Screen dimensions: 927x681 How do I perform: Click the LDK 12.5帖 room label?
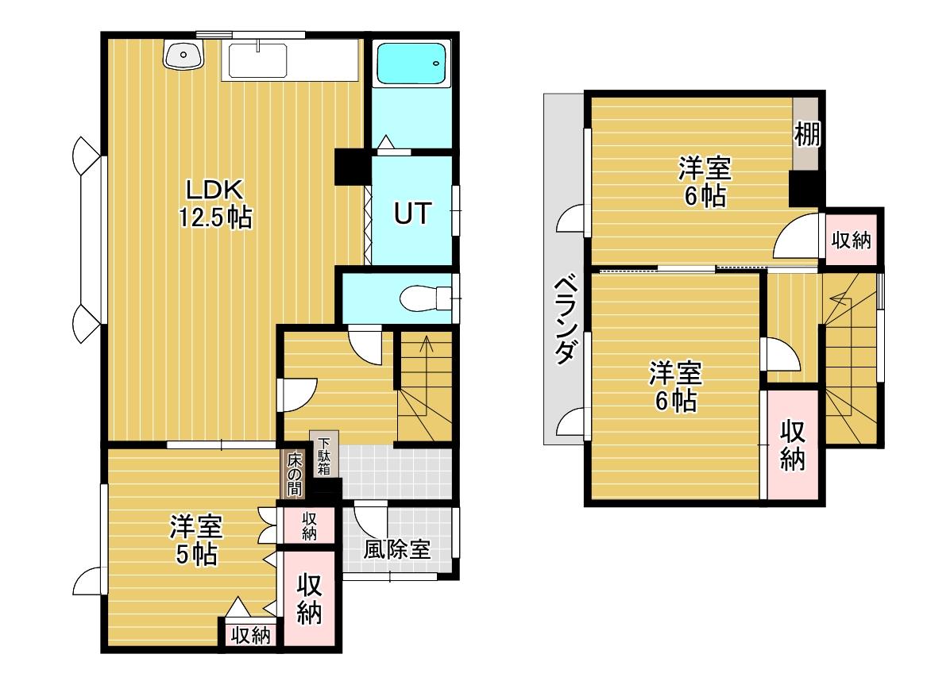215,204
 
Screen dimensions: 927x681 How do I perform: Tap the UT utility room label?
412,214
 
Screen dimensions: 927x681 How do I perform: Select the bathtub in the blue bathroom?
411,63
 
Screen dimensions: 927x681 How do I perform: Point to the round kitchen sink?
183,55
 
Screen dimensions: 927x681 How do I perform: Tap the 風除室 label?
396,550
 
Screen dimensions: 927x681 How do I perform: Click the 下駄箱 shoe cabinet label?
324,456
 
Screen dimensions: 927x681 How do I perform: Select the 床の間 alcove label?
295,474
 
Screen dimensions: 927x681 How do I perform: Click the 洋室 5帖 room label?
195,540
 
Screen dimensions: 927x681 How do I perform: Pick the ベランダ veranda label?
565,319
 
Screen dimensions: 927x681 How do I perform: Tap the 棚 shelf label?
807,133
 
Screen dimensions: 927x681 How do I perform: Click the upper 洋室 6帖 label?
705,181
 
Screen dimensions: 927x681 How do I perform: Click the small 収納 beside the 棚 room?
852,240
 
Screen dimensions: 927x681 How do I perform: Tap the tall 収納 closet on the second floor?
792,444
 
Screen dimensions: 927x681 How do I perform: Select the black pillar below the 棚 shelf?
805,188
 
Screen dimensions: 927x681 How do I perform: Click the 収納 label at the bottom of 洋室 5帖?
251,635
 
